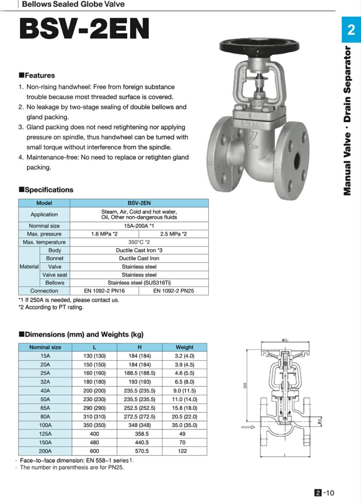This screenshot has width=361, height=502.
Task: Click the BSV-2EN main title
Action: [x=84, y=29]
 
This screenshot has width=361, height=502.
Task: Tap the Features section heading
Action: [x=37, y=75]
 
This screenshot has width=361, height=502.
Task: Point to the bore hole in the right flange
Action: [x=297, y=161]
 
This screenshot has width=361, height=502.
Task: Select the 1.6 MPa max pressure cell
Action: [x=104, y=234]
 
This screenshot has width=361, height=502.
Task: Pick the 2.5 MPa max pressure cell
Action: [x=173, y=234]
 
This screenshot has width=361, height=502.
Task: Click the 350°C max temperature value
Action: [x=139, y=242]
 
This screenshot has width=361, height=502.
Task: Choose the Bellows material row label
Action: [x=55, y=283]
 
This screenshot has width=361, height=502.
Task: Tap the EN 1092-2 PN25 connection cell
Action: [x=173, y=291]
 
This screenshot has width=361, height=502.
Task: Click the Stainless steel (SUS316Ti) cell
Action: [x=139, y=283]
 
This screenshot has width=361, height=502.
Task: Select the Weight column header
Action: [x=184, y=347]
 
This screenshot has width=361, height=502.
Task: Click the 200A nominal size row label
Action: [x=45, y=451]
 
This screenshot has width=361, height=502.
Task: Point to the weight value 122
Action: [x=182, y=451]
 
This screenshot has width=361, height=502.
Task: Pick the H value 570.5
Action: [x=142, y=451]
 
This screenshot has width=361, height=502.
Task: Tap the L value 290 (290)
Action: [x=94, y=408]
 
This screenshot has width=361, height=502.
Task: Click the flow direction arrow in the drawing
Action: [x=248, y=427]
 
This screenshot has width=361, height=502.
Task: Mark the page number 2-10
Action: [x=324, y=493]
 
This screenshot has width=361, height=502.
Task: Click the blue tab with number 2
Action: [x=351, y=30]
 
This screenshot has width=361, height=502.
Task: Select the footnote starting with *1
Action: [x=69, y=300]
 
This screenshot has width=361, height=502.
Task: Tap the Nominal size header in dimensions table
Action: [x=45, y=347]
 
